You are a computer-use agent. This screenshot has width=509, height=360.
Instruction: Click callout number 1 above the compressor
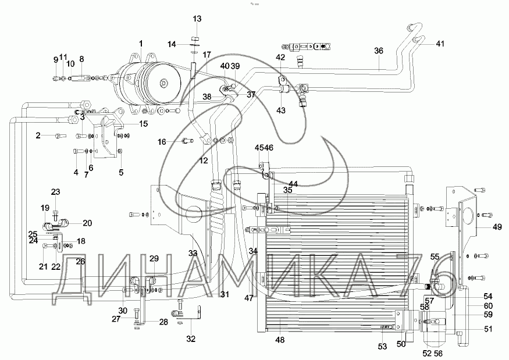140,43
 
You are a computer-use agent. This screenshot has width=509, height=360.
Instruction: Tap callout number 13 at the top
197,19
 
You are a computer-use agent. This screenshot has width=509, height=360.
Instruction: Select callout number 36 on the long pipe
379,51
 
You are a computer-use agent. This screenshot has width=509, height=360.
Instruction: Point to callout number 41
440,44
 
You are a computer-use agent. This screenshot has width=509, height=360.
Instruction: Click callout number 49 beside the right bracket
496,227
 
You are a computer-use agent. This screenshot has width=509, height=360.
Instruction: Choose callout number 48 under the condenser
280,340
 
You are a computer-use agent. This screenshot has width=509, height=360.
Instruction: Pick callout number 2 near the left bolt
38,136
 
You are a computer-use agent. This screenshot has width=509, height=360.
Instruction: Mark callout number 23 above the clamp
55,192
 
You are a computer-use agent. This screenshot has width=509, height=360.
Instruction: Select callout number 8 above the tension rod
81,58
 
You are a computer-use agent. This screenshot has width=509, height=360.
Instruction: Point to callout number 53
383,347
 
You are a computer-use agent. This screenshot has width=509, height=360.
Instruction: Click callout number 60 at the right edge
488,306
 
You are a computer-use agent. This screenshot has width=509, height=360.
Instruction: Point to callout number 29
154,258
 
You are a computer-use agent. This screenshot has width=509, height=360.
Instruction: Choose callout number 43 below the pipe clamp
280,110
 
